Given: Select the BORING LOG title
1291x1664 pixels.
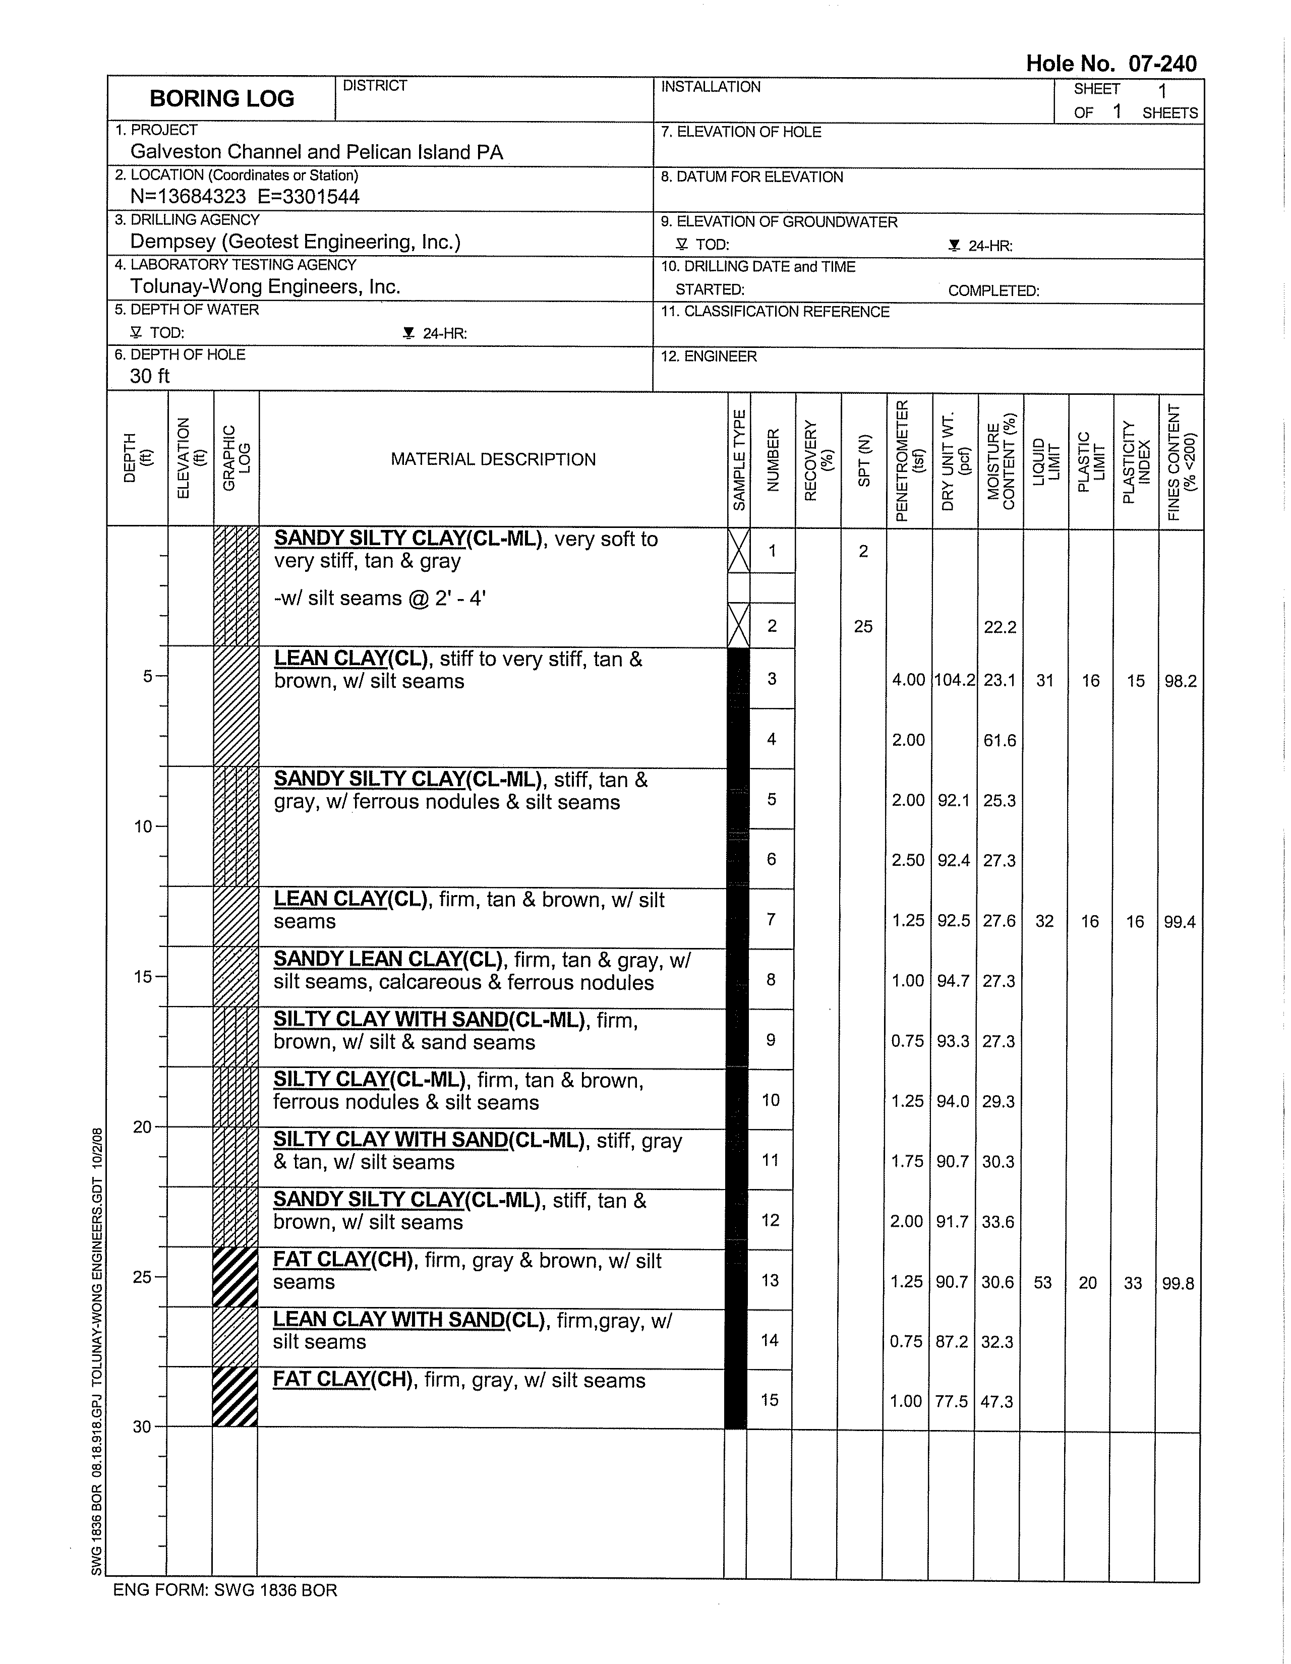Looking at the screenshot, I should click(222, 98).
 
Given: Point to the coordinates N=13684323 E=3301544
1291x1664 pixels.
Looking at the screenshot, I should click(245, 197).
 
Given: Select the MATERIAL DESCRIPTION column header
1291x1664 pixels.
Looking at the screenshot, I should click(493, 459).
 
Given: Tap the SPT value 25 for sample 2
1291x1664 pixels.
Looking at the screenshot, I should click(863, 626).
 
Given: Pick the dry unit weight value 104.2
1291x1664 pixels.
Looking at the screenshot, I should click(954, 680).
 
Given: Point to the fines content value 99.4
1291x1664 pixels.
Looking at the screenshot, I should click(1179, 922).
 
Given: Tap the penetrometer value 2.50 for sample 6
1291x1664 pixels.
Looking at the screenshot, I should click(908, 860).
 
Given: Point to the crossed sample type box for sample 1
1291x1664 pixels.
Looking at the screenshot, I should click(738, 551).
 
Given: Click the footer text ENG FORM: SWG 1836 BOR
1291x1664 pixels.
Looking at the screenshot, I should click(225, 1590).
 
